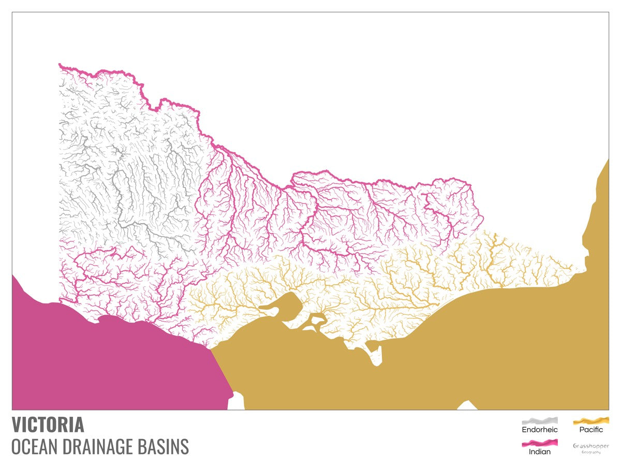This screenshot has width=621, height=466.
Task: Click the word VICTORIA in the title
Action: coord(48,425)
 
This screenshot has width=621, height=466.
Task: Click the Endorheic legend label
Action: coord(540,429)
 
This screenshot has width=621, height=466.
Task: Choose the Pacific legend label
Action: coord(591,429)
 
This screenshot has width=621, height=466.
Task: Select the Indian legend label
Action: coord(540,452)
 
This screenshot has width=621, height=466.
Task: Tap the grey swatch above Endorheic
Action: coord(540,420)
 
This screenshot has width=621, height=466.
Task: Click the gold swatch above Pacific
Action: coord(591,420)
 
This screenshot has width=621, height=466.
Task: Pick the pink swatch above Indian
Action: coord(540,443)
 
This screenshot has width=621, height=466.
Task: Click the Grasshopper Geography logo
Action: coord(591,448)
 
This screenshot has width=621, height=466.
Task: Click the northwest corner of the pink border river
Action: coord(61,65)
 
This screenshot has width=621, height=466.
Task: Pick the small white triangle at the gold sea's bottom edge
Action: coord(468,405)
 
